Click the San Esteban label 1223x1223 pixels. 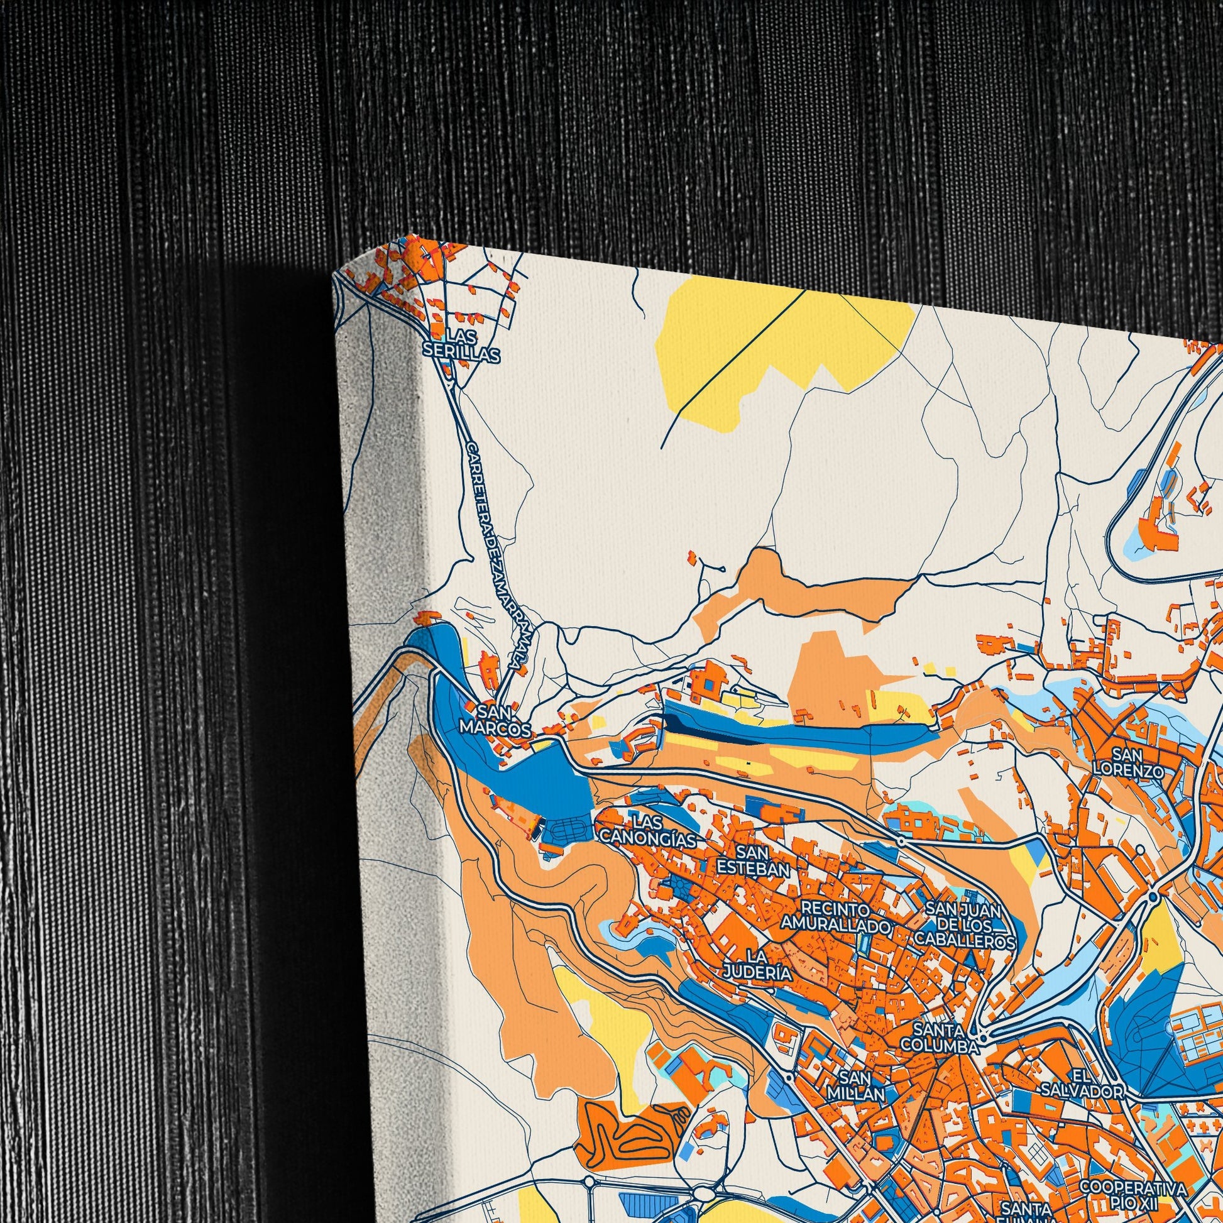pos(753,860)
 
